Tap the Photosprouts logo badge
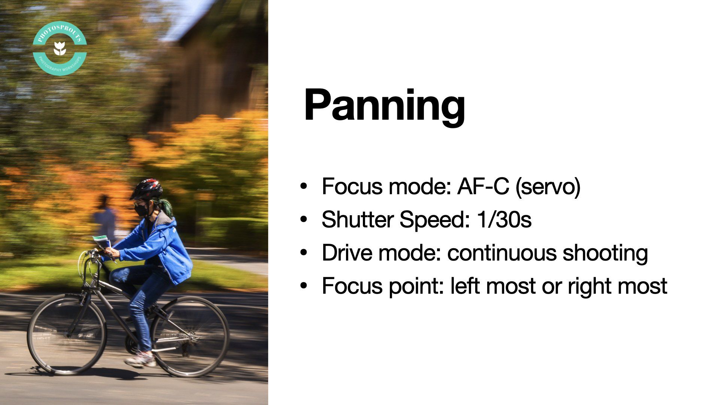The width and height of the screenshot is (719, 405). coord(60,49)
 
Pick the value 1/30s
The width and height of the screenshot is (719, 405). coord(504,219)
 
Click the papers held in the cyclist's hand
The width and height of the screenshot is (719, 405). coord(101,242)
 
